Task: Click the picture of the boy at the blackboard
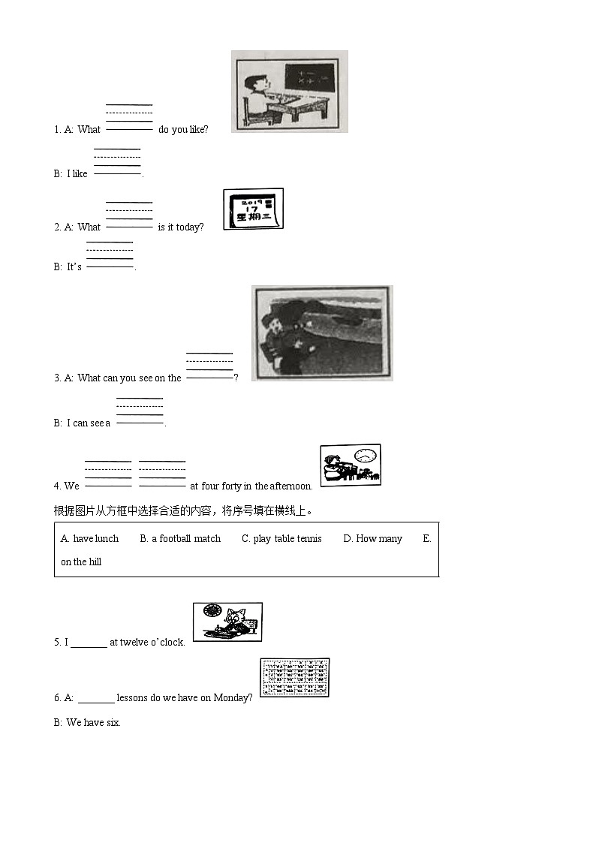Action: (289, 92)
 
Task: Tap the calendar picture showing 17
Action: (253, 209)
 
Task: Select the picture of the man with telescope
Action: (321, 333)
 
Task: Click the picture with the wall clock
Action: (350, 465)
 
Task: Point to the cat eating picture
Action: (227, 622)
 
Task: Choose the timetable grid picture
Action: (294, 678)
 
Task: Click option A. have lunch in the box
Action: (90, 538)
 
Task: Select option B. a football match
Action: (180, 538)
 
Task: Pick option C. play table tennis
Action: (281, 538)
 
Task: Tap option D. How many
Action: (372, 538)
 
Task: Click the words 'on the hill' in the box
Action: (81, 561)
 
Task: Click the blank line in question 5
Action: (89, 643)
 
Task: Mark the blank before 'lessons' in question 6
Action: (96, 698)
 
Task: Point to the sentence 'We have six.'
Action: (93, 722)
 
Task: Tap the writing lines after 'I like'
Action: (117, 162)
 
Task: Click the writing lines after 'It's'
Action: (110, 255)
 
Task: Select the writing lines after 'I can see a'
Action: (140, 411)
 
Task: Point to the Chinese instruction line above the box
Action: (183, 510)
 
